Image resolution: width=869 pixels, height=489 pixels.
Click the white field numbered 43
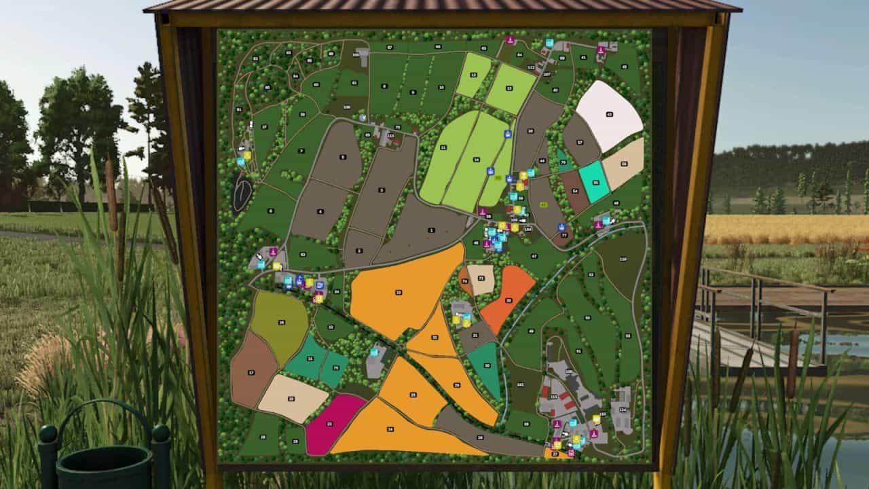pos(608,114)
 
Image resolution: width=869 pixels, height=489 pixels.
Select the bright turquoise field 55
pos(595,182)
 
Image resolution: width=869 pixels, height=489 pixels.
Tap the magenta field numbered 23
pos(331,422)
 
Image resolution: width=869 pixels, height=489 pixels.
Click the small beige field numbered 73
pos(481,278)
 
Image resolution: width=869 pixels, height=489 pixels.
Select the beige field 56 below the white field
pos(623,164)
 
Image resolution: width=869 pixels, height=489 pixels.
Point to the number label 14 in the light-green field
pos(476,159)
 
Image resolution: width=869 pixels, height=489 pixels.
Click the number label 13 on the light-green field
pos(509,87)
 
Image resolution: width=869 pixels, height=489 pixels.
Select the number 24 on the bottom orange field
pos(390,429)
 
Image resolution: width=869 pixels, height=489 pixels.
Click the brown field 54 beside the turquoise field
pos(574,191)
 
